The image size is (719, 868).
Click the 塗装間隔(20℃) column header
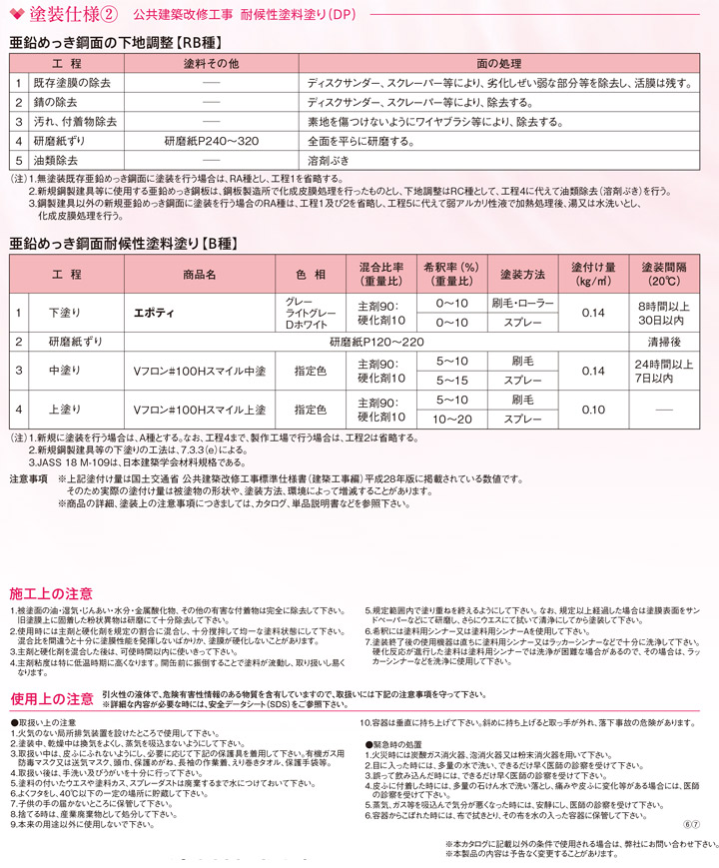coord(663,275)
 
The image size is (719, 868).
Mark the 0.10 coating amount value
coord(593,410)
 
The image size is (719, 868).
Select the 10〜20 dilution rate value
coord(452,419)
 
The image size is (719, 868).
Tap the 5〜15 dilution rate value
coord(452,381)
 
